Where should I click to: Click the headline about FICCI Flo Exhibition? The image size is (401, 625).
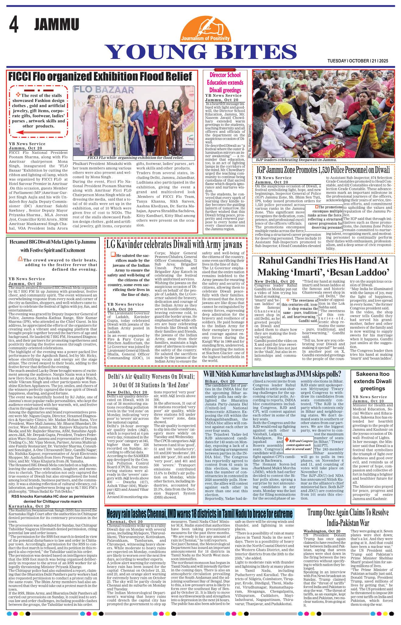[100, 76]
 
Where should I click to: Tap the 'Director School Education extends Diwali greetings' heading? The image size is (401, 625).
[225, 82]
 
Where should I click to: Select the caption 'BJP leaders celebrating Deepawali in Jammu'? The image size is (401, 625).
[296, 160]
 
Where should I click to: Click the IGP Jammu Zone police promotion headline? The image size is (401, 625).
[323, 169]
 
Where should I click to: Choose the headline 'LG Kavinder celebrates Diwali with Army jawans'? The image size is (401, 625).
[174, 244]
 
